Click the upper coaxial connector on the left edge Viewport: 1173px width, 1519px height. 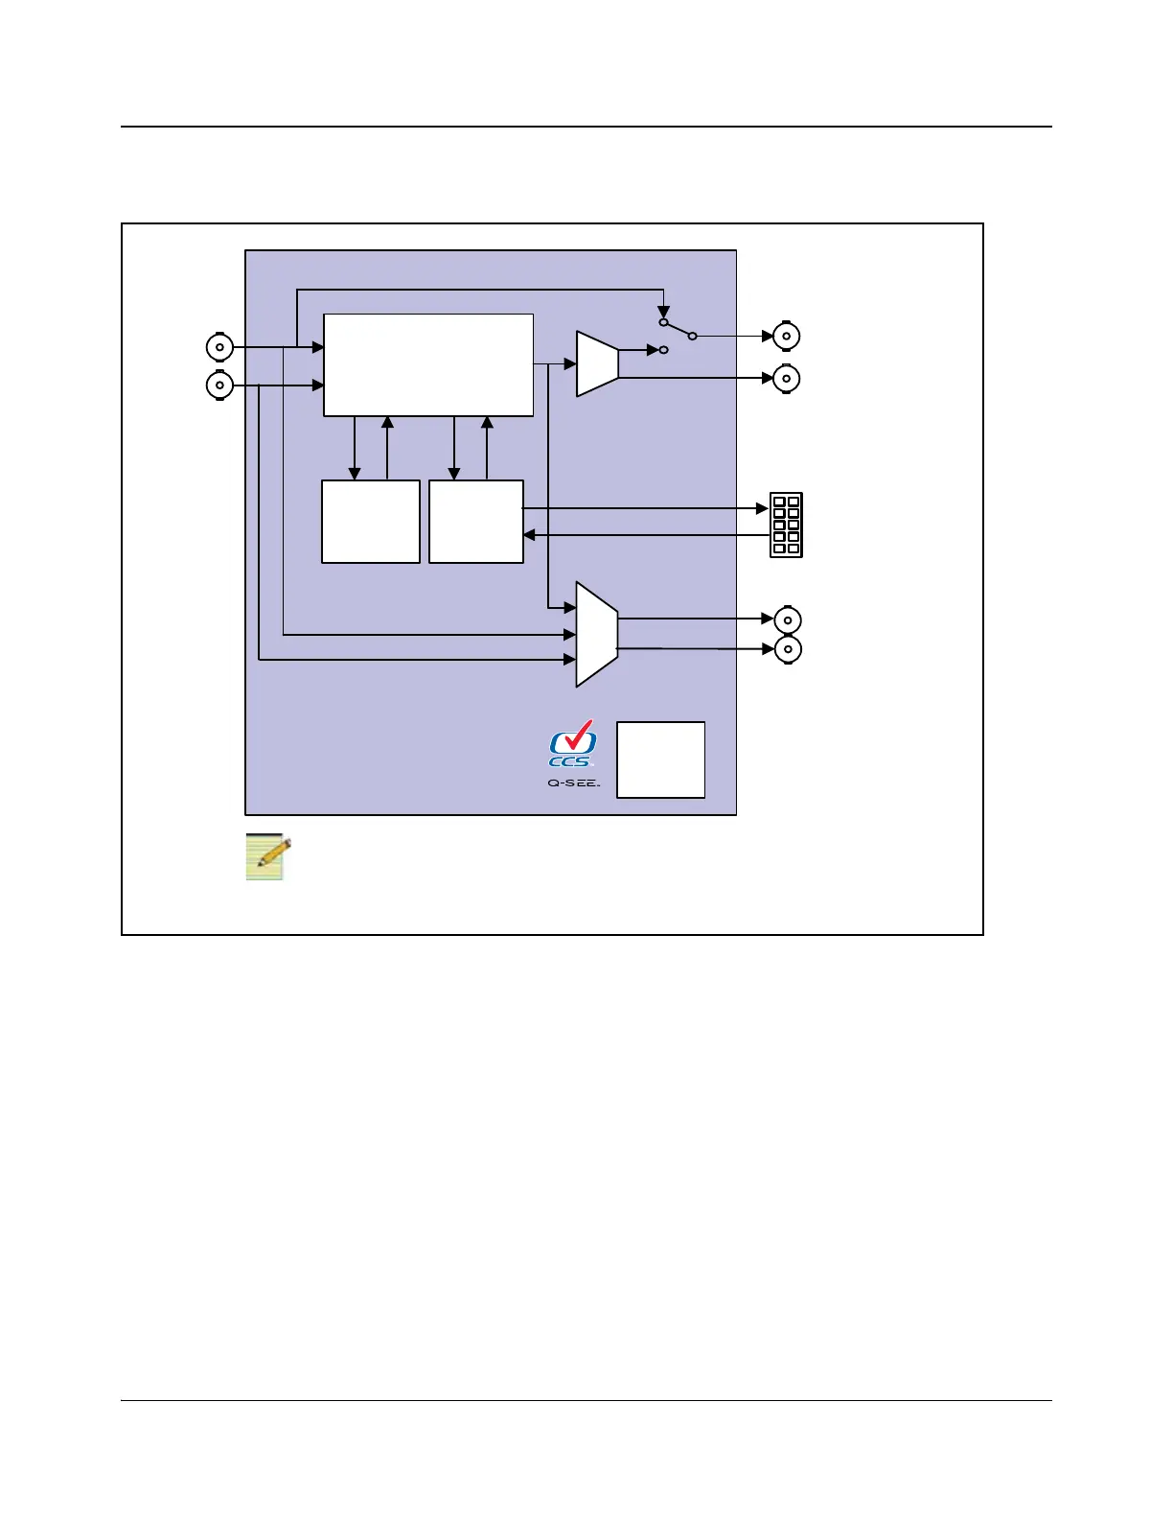(219, 347)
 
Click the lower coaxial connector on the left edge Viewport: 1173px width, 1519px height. (219, 386)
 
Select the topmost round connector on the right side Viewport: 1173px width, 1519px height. (787, 336)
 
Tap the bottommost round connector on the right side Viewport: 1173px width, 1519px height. (788, 649)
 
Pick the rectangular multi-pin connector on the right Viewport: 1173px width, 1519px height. (786, 525)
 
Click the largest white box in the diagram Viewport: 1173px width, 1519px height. (428, 364)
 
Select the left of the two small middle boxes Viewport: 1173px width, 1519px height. (370, 521)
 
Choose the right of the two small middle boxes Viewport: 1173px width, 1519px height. (475, 521)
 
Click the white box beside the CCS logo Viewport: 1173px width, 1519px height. (660, 759)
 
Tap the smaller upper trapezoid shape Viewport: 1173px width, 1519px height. (597, 363)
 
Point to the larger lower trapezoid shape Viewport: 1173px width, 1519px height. (596, 634)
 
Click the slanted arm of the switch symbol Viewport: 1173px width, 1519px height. (678, 329)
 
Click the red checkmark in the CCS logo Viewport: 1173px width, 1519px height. (579, 736)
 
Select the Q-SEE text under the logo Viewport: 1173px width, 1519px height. (573, 783)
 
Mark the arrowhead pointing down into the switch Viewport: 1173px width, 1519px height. (663, 313)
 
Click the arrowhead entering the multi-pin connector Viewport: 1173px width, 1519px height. (763, 508)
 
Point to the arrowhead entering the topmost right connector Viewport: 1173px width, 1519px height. (767, 336)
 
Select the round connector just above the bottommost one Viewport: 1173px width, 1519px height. (788, 619)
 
